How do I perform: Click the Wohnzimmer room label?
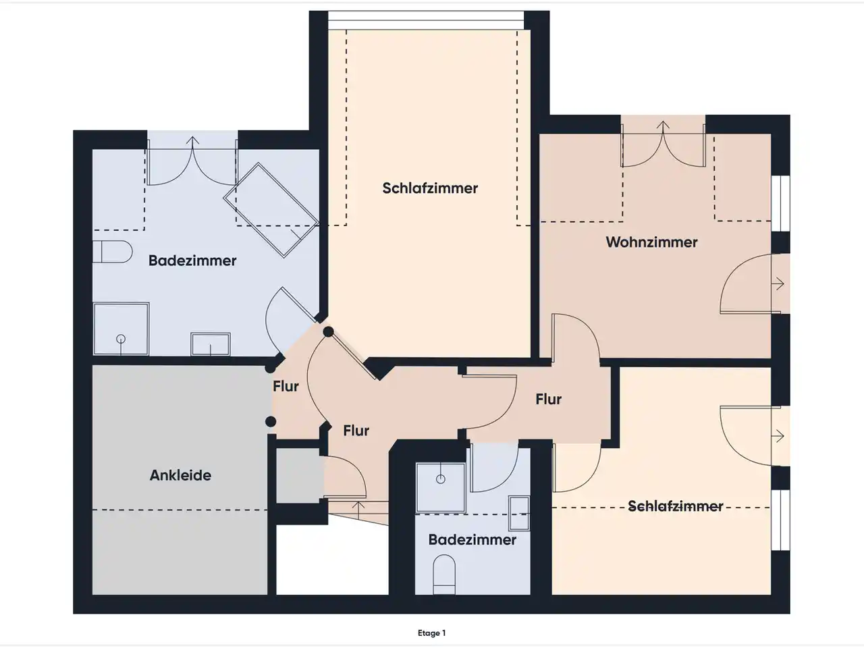(x=651, y=242)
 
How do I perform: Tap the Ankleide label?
(x=180, y=475)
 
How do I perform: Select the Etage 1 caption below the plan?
(x=431, y=633)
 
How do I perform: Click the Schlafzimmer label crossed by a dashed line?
(x=676, y=506)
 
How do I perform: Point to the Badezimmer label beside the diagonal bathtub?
(x=192, y=261)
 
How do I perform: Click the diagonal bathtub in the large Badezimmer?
(x=271, y=210)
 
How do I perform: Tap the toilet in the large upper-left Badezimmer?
(x=112, y=252)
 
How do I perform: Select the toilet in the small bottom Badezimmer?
(x=444, y=574)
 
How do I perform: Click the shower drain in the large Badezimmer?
(x=121, y=339)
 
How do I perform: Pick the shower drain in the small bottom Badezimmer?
(x=441, y=479)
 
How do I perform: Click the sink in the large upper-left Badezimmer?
(x=211, y=344)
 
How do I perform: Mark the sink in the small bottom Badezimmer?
(x=519, y=513)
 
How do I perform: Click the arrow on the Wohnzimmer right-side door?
(x=780, y=283)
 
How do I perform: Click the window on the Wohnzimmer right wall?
(x=780, y=203)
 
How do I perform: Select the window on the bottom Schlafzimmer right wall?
(x=780, y=520)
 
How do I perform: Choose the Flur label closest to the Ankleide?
(x=286, y=386)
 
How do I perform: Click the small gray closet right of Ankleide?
(x=298, y=475)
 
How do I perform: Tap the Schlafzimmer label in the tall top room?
(x=430, y=188)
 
